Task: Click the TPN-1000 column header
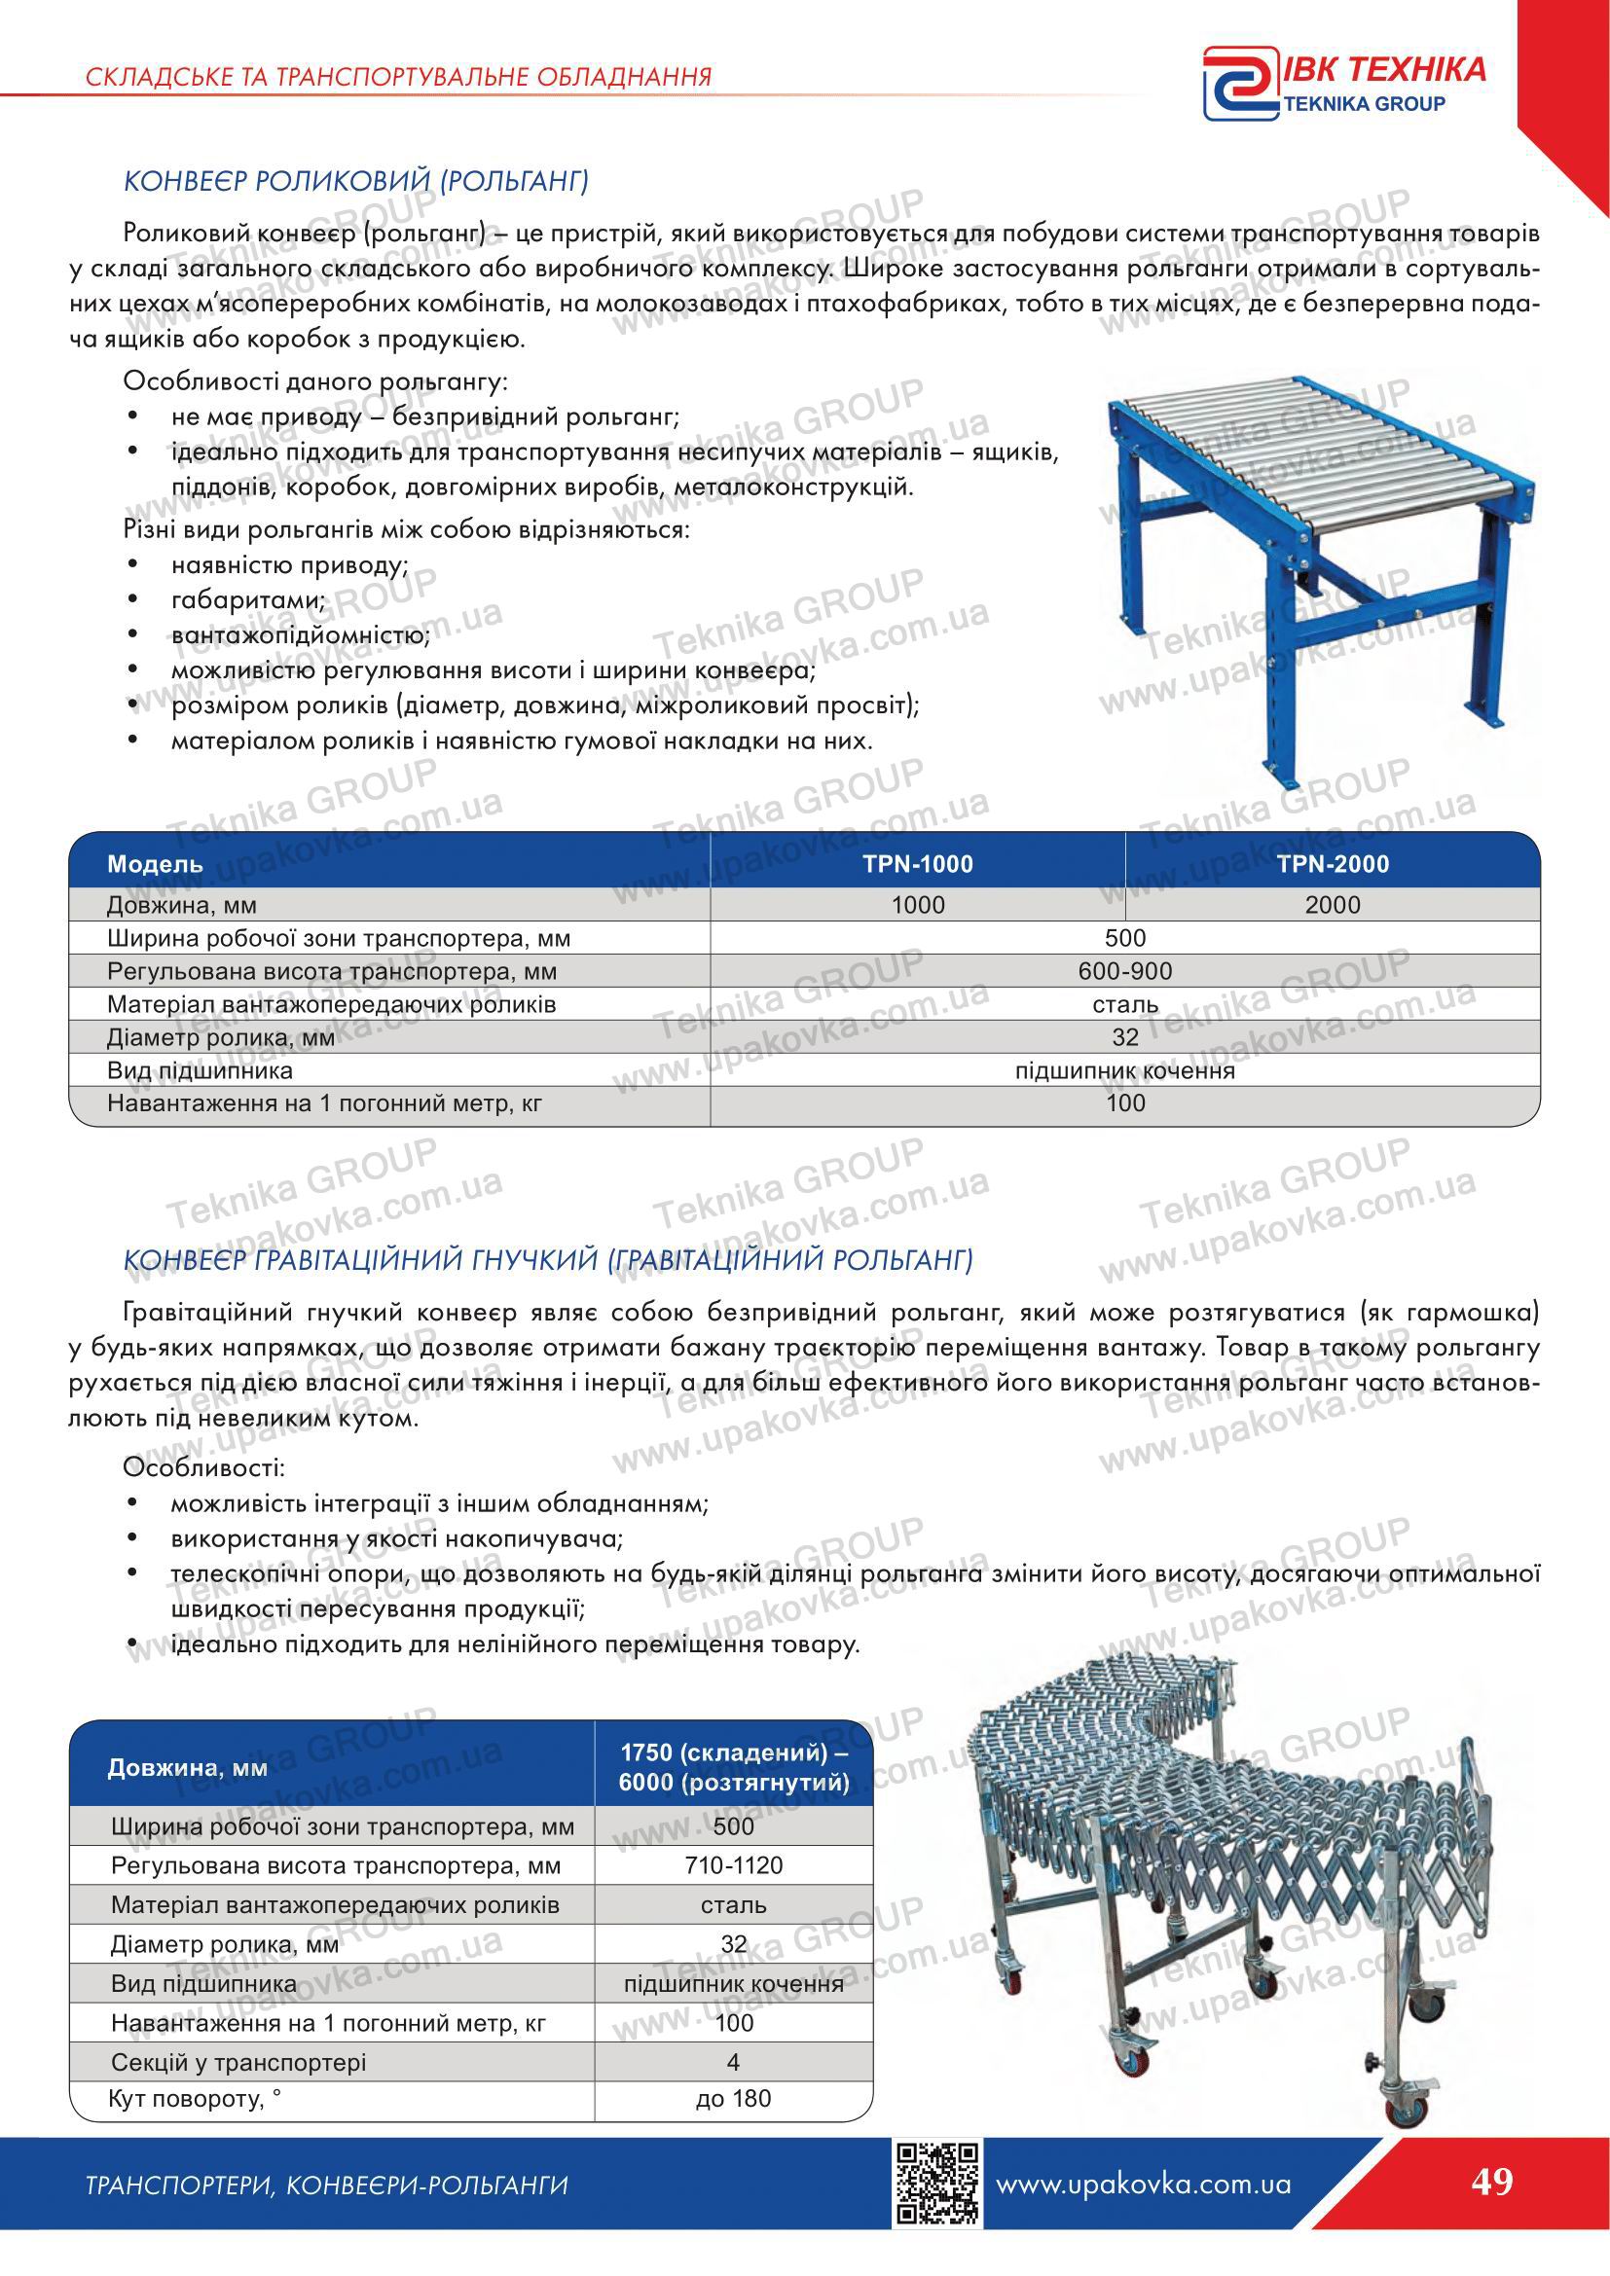pyautogui.click(x=917, y=863)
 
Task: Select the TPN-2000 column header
pyautogui.click(x=1333, y=863)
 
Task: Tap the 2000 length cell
pyautogui.click(x=1333, y=905)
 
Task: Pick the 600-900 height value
pyautogui.click(x=1124, y=971)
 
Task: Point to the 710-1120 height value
pyautogui.click(x=733, y=1865)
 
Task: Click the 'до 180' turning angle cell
pyautogui.click(x=733, y=2098)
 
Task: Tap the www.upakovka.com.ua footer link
pyautogui.click(x=1142, y=2212)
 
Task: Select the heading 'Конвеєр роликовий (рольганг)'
pyautogui.click(x=356, y=181)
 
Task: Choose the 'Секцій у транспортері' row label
pyautogui.click(x=238, y=2063)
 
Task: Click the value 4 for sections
pyautogui.click(x=733, y=2063)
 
